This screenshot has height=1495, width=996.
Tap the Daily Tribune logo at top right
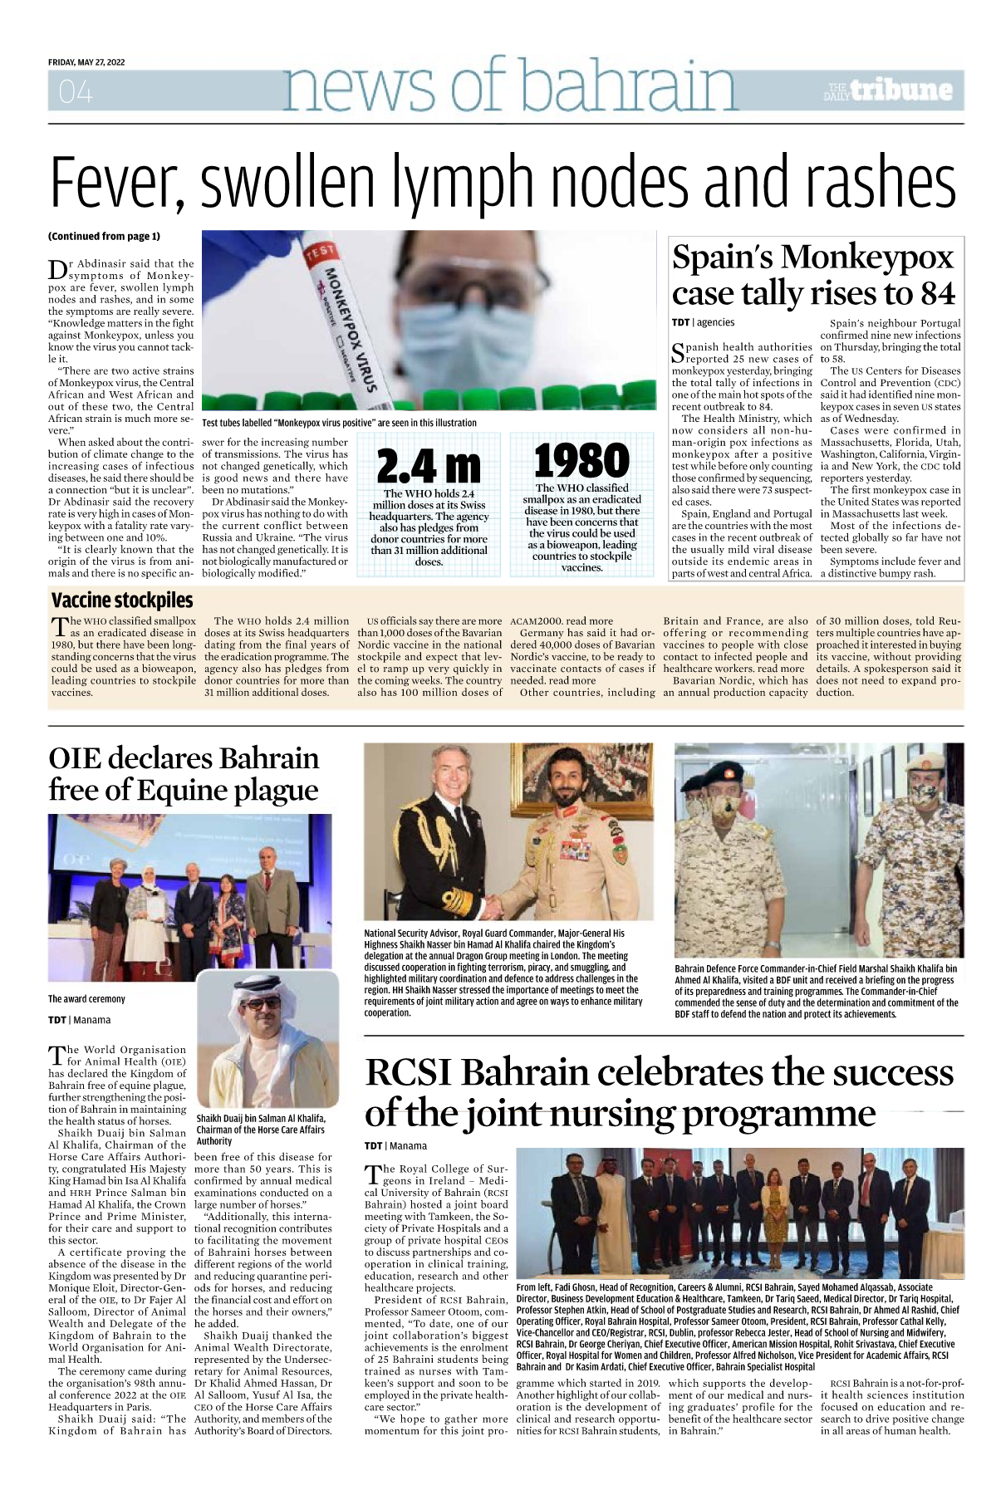pyautogui.click(x=889, y=91)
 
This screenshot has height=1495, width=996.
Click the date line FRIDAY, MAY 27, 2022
pyautogui.click(x=86, y=62)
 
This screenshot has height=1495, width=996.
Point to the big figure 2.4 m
pyautogui.click(x=428, y=467)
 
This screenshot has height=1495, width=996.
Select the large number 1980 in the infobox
pyautogui.click(x=581, y=461)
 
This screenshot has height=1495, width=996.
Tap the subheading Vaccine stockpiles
pyautogui.click(x=122, y=600)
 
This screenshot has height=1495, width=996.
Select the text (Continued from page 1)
pyautogui.click(x=104, y=237)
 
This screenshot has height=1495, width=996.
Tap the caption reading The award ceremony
pyautogui.click(x=86, y=999)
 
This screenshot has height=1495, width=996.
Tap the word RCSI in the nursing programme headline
pyautogui.click(x=409, y=1073)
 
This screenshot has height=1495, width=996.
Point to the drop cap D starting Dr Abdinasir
pyautogui.click(x=56, y=270)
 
